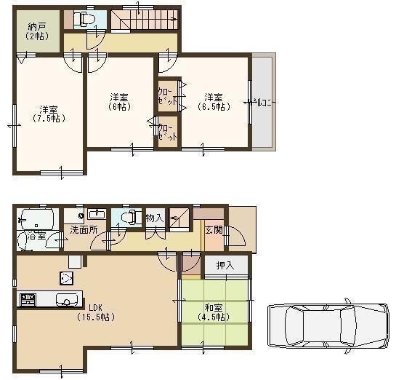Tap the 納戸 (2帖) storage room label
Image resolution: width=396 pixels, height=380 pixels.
34,31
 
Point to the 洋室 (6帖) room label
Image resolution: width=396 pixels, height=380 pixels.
120,102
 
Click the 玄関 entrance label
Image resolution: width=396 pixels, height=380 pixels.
213,231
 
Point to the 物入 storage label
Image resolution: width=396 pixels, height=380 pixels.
154,218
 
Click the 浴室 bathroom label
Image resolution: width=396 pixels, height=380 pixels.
34,237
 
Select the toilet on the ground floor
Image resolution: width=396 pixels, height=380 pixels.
129,216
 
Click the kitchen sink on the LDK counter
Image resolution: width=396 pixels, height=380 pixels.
63,299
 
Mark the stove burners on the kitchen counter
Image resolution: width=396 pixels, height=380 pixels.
28,299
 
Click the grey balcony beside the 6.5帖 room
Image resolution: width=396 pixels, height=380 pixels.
262,102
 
